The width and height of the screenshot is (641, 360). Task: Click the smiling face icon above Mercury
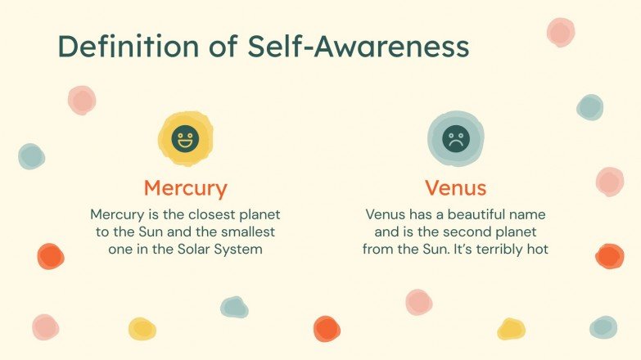pyautogui.click(x=185, y=137)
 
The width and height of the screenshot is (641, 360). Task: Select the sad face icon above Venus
pyautogui.click(x=455, y=137)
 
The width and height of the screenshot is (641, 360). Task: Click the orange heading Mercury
pyautogui.click(x=185, y=188)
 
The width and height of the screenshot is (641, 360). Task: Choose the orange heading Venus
pyautogui.click(x=455, y=188)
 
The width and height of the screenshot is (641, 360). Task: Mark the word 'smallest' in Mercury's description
pyautogui.click(x=250, y=232)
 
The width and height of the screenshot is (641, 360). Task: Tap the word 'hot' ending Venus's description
pyautogui.click(x=536, y=249)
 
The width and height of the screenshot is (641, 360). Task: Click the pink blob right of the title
pyautogui.click(x=560, y=32)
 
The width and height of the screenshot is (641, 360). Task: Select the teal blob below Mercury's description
pyautogui.click(x=234, y=307)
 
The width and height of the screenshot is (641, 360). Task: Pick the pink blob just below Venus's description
pyautogui.click(x=418, y=302)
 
